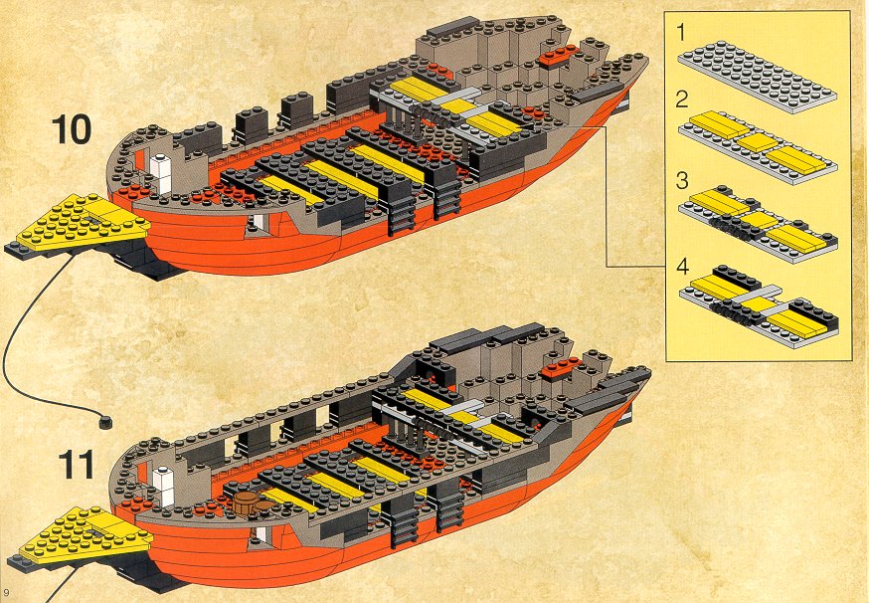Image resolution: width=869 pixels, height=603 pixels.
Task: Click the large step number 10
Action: coord(72,129)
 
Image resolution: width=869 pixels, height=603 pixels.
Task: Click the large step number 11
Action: coord(76,465)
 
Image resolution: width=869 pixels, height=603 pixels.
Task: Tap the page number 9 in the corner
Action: coord(6,592)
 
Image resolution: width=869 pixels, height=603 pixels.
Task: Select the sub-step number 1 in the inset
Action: coord(681,32)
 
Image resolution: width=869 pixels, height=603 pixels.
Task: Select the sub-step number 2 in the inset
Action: coord(682,100)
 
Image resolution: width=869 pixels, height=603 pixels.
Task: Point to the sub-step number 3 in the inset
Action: coord(682,181)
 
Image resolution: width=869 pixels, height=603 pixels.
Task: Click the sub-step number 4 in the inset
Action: coord(682,267)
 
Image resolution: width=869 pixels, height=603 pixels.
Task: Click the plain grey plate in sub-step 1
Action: coord(757,77)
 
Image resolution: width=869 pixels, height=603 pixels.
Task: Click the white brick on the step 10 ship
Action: coord(160,173)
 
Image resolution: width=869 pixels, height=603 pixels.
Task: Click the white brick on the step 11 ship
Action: coord(163,486)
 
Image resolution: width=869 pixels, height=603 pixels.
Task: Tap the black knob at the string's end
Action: coord(104,422)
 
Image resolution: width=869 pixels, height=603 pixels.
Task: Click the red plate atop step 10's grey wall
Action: coord(559,57)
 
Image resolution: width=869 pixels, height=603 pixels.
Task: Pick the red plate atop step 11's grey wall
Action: coord(562,368)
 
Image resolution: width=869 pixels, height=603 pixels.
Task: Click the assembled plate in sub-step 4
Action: coord(760,306)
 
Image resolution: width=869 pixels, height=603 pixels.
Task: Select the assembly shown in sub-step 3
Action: coord(759,223)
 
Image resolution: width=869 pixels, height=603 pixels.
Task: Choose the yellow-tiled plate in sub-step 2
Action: coord(757,147)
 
